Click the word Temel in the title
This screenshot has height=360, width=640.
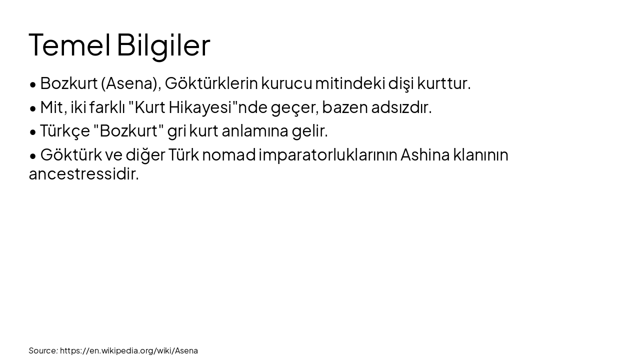pos(69,45)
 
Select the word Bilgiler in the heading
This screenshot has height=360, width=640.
pos(163,45)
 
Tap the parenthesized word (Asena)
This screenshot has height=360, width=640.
pos(130,83)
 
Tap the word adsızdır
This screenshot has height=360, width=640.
pos(401,107)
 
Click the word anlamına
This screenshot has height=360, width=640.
pos(254,131)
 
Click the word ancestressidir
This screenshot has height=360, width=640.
pos(83,174)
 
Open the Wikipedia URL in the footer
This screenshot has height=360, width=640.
pos(129,350)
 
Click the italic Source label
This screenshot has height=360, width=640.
pos(43,350)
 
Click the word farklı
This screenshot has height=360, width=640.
pos(107,107)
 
